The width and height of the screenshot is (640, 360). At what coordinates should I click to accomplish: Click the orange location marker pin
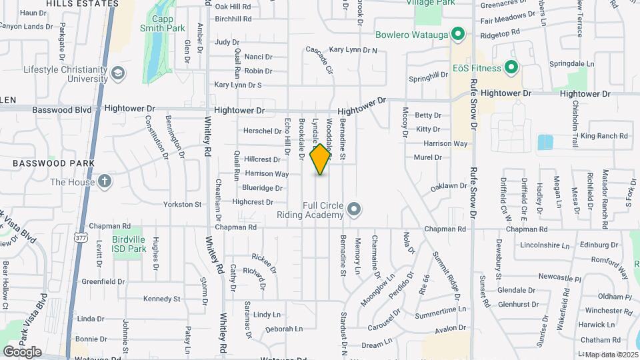pos(321,159)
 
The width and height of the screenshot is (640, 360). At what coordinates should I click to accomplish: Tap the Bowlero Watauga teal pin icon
pos(457,33)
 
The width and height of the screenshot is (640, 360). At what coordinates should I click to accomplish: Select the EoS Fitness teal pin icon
pos(511,67)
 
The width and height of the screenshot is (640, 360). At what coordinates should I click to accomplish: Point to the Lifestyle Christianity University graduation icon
pos(117,73)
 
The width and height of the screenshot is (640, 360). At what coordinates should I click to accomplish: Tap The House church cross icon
pos(105,181)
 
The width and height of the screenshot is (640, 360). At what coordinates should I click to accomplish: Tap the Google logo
pos(22,351)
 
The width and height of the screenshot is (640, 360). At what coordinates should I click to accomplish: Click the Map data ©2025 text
pos(611,355)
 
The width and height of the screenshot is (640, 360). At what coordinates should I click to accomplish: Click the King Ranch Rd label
pos(604,136)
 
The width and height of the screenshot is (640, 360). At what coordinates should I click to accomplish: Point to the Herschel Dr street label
pos(262,131)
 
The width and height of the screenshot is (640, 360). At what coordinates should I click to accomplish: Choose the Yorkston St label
pos(183,204)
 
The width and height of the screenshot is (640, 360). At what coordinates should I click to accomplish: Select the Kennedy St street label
pos(161,299)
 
